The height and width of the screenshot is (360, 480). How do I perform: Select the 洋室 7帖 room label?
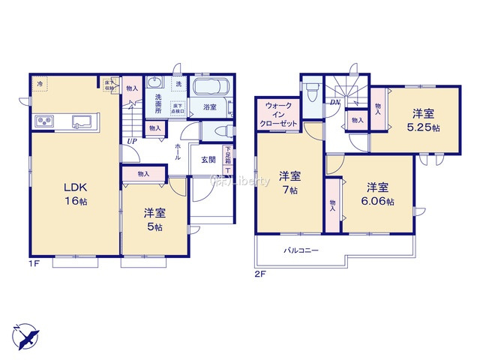tap(290, 184)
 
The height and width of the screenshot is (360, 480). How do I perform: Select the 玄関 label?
tap(208, 159)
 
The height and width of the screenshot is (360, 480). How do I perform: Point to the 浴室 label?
tap(210, 108)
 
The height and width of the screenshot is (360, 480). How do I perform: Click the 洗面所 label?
tap(158, 103)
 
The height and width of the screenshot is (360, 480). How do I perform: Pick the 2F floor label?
tap(260, 274)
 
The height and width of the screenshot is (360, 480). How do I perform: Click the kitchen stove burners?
tap(42, 122)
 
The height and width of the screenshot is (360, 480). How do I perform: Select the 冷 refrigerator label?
tap(40, 84)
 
